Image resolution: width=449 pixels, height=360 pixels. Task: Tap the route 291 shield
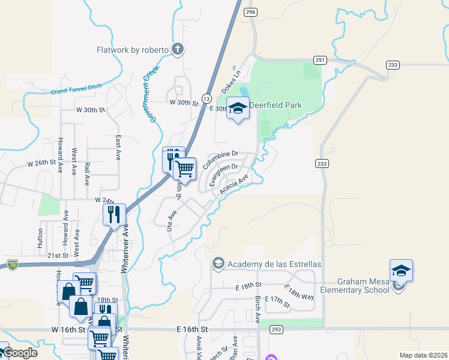(x=320, y=60)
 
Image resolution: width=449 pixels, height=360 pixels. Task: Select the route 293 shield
(x=277, y=329)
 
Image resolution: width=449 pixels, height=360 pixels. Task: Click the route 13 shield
(x=206, y=98)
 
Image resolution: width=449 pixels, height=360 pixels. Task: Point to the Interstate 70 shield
(x=13, y=264)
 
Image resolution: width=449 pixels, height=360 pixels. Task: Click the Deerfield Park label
(x=276, y=106)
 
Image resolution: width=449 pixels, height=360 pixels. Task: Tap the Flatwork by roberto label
(x=133, y=50)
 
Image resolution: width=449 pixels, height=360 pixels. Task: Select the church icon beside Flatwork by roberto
(x=178, y=50)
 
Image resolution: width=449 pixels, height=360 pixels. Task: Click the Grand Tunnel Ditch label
(x=76, y=89)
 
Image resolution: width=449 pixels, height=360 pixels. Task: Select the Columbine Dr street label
(x=221, y=160)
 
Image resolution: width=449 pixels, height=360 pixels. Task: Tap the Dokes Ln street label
(x=231, y=82)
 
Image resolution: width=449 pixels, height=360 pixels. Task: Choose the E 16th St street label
(x=192, y=329)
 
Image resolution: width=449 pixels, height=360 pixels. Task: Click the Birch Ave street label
(x=258, y=310)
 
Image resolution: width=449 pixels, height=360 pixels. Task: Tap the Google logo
(x=19, y=353)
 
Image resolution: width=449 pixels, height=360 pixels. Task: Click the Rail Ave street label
(x=87, y=172)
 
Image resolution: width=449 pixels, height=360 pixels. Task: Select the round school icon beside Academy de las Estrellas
(x=218, y=263)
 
